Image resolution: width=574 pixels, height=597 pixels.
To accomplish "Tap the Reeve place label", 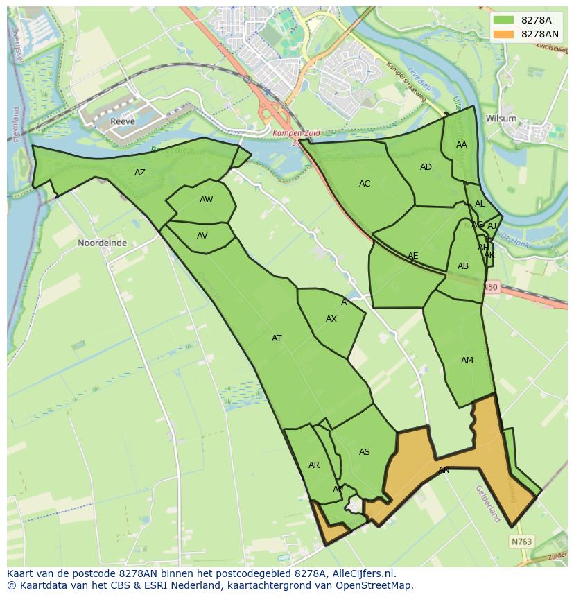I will tap(122, 121).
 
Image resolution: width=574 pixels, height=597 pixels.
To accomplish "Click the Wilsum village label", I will tap(501, 119).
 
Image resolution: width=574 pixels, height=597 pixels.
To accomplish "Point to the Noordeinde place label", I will tap(102, 243).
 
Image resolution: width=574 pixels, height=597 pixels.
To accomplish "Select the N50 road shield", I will tap(491, 286).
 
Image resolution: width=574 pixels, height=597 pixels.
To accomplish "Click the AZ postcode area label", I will tap(140, 173).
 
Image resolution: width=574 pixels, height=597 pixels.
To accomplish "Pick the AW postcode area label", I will tap(206, 200).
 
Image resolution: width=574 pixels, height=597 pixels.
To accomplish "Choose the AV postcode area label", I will tap(202, 236).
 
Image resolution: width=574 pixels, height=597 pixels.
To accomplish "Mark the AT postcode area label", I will tap(277, 338).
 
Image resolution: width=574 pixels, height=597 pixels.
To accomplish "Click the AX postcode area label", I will tap(331, 319).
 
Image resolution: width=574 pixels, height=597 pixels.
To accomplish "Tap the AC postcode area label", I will tap(365, 184).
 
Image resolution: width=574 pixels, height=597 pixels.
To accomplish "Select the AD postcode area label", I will tap(426, 167).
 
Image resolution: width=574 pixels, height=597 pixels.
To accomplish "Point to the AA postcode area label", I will tap(462, 145).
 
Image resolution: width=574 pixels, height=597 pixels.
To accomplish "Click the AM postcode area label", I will tap(467, 361).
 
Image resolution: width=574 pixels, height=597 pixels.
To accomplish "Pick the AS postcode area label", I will tap(365, 452).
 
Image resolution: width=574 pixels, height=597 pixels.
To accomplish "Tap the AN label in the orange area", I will tap(444, 470).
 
